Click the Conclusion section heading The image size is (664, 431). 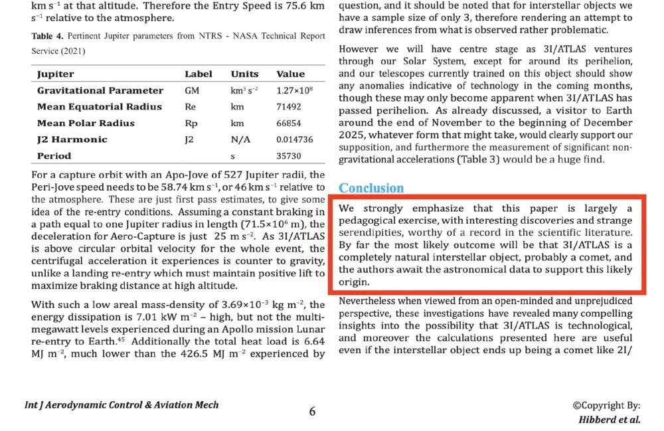point(371,189)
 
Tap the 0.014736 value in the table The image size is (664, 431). point(294,139)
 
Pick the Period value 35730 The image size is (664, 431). point(289,156)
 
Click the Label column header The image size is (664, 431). point(199,74)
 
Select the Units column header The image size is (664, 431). point(244,74)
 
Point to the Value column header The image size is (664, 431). point(290,74)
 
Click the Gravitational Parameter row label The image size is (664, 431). point(100,91)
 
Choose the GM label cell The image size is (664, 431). point(192,91)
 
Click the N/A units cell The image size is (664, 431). point(240,139)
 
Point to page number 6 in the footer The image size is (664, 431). point(312,411)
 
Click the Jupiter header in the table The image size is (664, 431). point(56,74)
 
